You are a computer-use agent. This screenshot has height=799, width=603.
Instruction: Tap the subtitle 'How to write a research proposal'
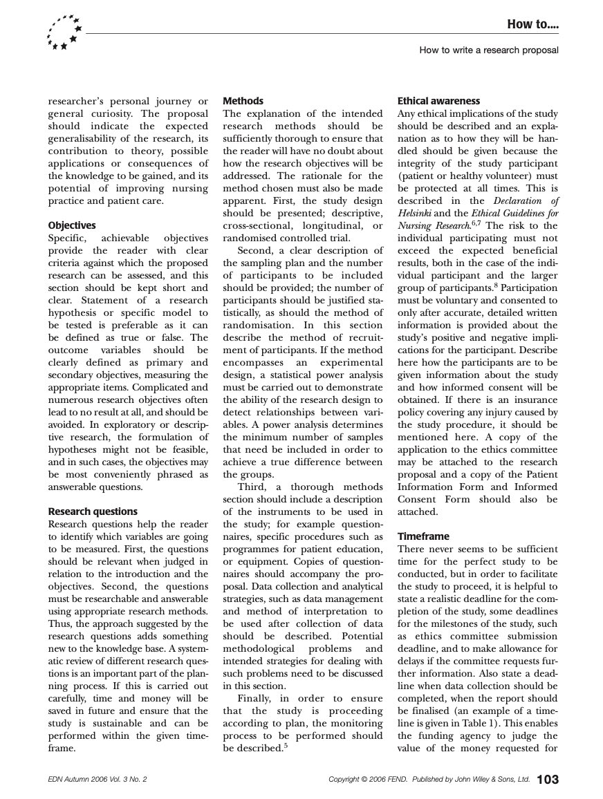(488, 50)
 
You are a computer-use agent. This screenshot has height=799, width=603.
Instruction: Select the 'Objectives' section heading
(72, 225)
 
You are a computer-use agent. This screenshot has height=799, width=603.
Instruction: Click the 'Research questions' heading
(93, 511)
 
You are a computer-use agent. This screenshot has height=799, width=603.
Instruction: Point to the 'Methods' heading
(243, 101)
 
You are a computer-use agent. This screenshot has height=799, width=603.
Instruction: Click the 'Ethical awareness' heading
(438, 101)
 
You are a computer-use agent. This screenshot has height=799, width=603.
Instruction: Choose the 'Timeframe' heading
(423, 536)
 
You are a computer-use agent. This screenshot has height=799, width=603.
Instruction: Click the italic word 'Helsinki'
(414, 214)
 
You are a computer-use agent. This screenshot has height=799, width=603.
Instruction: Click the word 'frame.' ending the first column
(62, 748)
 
